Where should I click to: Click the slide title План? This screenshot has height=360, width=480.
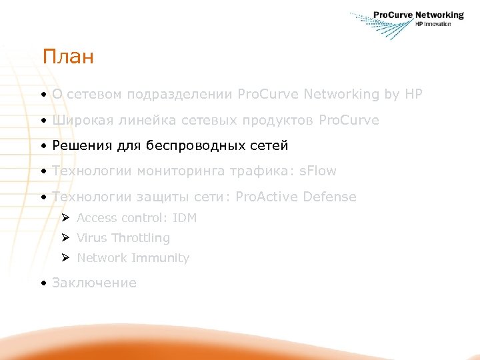[67, 57]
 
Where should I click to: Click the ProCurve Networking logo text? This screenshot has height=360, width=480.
[418, 15]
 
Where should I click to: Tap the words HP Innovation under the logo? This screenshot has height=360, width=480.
[433, 24]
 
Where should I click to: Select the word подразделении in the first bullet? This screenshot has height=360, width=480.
[179, 95]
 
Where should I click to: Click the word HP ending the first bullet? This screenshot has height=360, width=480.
[413, 95]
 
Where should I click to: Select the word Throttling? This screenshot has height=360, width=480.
[141, 238]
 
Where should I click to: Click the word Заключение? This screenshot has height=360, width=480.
[94, 283]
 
